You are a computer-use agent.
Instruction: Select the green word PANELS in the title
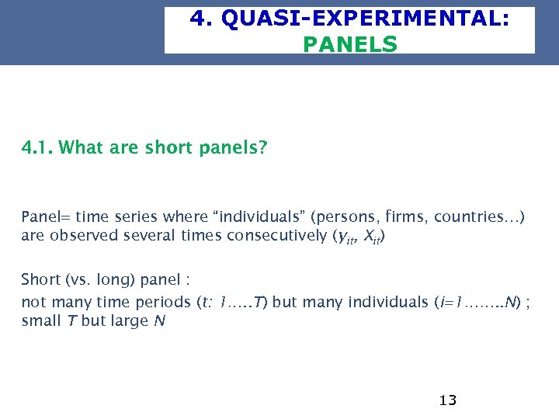(x=349, y=44)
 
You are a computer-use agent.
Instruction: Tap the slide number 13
(x=447, y=400)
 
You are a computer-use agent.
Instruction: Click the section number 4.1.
(x=36, y=147)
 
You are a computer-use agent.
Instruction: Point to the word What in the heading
(x=80, y=147)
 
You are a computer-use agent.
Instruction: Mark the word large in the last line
(x=130, y=321)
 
